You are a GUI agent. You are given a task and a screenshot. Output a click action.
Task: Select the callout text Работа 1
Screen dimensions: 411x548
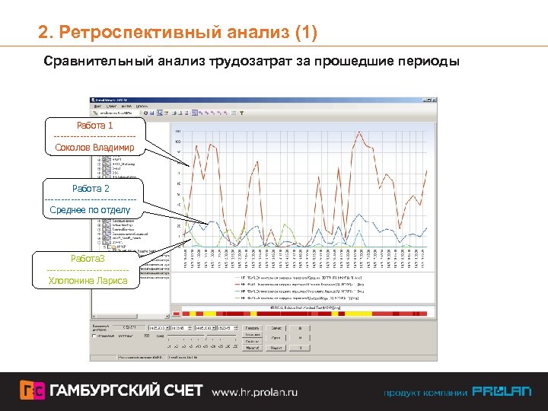[x=94, y=126]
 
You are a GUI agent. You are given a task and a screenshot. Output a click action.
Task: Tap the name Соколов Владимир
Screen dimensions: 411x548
[x=94, y=147]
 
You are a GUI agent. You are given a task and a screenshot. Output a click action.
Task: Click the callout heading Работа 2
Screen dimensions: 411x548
[x=91, y=188]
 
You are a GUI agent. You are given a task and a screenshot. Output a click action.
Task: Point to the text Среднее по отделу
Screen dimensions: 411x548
[x=91, y=210]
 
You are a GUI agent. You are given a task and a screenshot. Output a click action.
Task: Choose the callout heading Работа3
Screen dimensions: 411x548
[x=88, y=259]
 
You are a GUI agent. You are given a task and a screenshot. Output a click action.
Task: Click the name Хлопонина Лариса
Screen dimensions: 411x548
[x=88, y=281]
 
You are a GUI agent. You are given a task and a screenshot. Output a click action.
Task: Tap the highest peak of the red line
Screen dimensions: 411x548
[x=357, y=131]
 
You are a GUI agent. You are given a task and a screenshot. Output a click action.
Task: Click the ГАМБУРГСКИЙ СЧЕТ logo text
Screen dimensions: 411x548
[x=126, y=391]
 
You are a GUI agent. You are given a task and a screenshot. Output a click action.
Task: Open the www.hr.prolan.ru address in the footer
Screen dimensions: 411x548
[x=254, y=392]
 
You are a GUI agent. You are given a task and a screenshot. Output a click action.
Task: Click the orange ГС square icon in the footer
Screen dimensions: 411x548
[x=32, y=391]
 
